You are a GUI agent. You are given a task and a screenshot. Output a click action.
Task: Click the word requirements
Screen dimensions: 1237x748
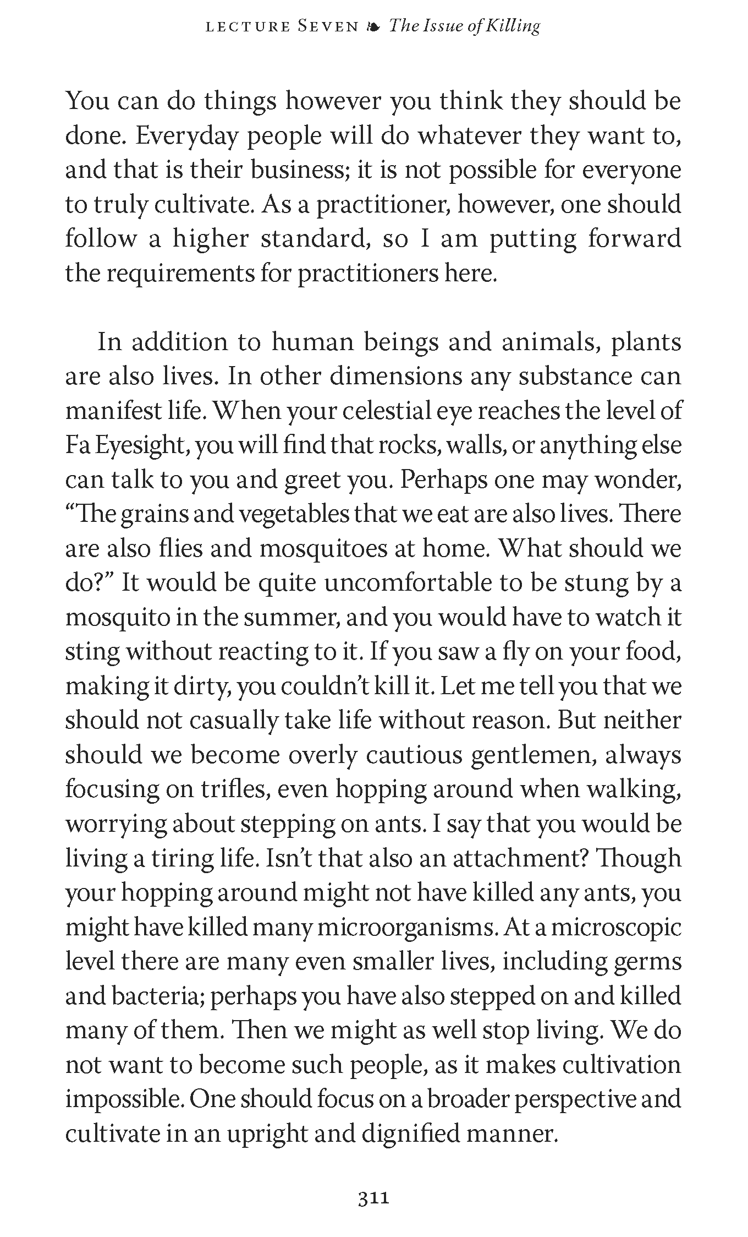pyautogui.click(x=180, y=273)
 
